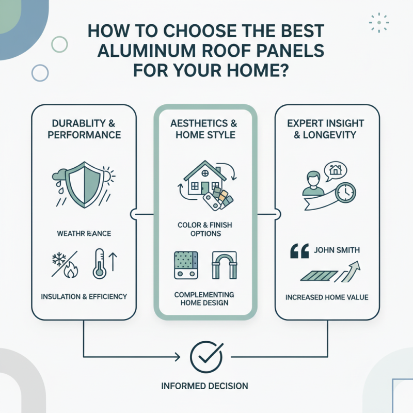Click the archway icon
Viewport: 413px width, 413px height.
click(x=224, y=265)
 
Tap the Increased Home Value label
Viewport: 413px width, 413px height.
click(x=326, y=298)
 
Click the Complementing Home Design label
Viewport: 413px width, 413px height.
click(x=204, y=298)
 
